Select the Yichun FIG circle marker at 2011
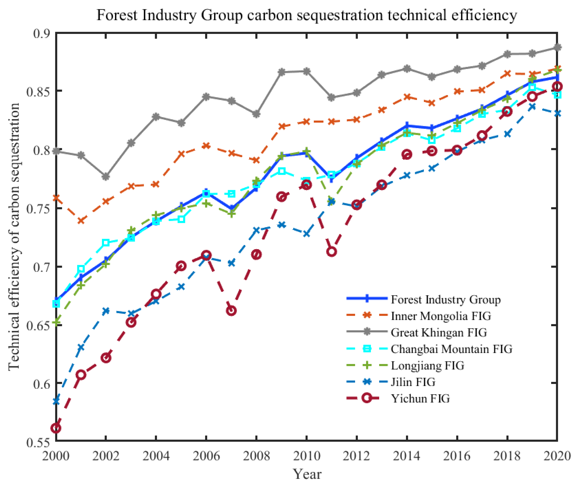pos(331,251)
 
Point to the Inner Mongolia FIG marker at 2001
pos(81,220)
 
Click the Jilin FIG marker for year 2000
pos(56,401)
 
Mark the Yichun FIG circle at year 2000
pos(56,428)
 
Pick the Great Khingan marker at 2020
pos(557,47)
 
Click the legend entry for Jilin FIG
pos(413,382)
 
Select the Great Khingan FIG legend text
pos(439,332)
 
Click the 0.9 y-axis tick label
pos(41,33)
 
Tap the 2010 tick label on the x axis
pos(306,456)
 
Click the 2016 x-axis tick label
pos(457,456)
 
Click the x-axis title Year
pos(307,474)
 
